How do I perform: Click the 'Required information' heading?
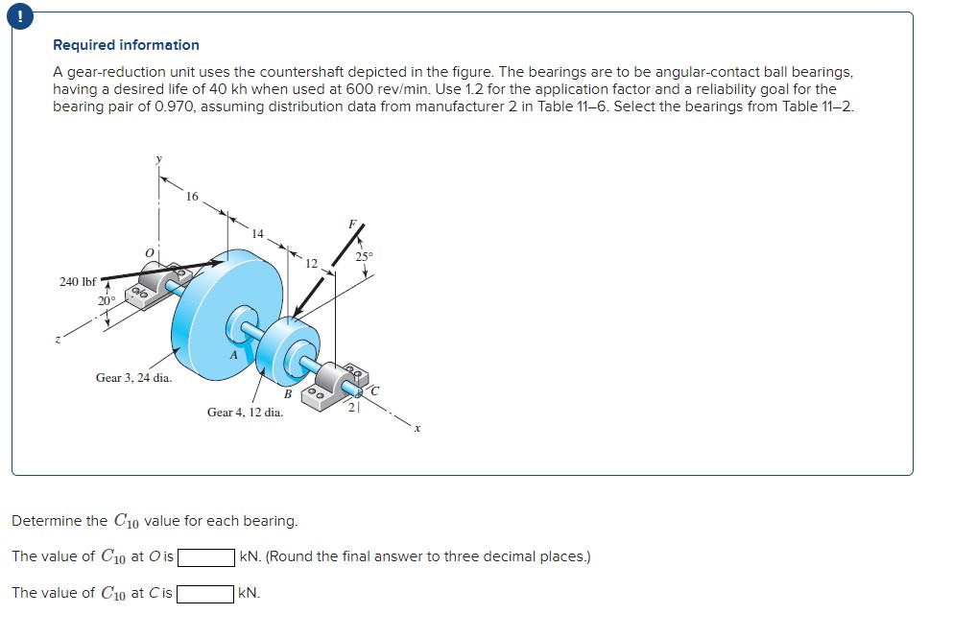(126, 45)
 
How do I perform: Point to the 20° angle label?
(105, 301)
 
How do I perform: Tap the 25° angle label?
(364, 257)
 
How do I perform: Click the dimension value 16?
(192, 197)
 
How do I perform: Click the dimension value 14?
(257, 233)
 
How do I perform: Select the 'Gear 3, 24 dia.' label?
(133, 378)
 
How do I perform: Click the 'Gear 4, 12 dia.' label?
(245, 413)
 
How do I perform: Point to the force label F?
(352, 224)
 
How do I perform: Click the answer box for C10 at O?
(205, 556)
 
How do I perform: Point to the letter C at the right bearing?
(374, 390)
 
